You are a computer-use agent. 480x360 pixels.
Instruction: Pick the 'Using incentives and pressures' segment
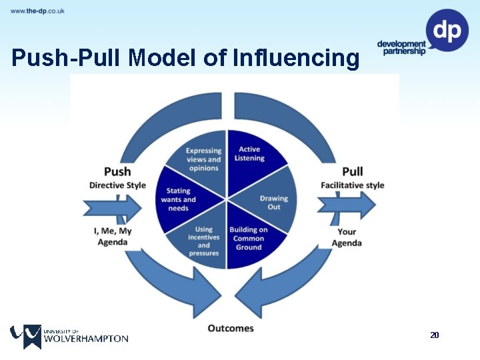(204, 241)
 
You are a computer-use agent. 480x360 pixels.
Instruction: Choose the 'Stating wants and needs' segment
(180, 199)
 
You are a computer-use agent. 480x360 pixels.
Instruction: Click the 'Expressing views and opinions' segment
(203, 159)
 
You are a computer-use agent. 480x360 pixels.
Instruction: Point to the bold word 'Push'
(117, 172)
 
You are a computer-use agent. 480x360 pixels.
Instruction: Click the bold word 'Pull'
(352, 171)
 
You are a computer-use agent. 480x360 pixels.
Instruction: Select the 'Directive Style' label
(117, 185)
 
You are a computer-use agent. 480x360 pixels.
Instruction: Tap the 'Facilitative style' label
(352, 185)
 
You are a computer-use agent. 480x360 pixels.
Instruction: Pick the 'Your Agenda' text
(347, 237)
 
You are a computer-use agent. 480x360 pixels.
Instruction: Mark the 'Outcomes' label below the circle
(231, 328)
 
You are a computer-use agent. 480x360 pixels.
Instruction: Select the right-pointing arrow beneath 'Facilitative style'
(347, 205)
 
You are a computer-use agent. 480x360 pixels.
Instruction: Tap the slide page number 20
(435, 335)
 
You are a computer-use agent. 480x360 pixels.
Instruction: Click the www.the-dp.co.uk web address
(37, 11)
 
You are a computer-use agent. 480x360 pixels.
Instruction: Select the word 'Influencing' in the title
(297, 59)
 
